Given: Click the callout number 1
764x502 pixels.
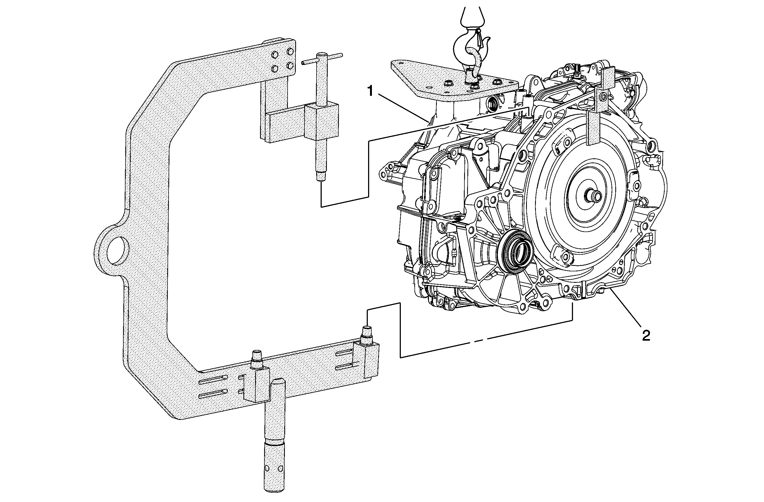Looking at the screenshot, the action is point(371,91).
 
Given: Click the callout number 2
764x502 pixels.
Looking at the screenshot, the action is point(646,336).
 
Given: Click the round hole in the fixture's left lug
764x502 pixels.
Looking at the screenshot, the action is point(118,250).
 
